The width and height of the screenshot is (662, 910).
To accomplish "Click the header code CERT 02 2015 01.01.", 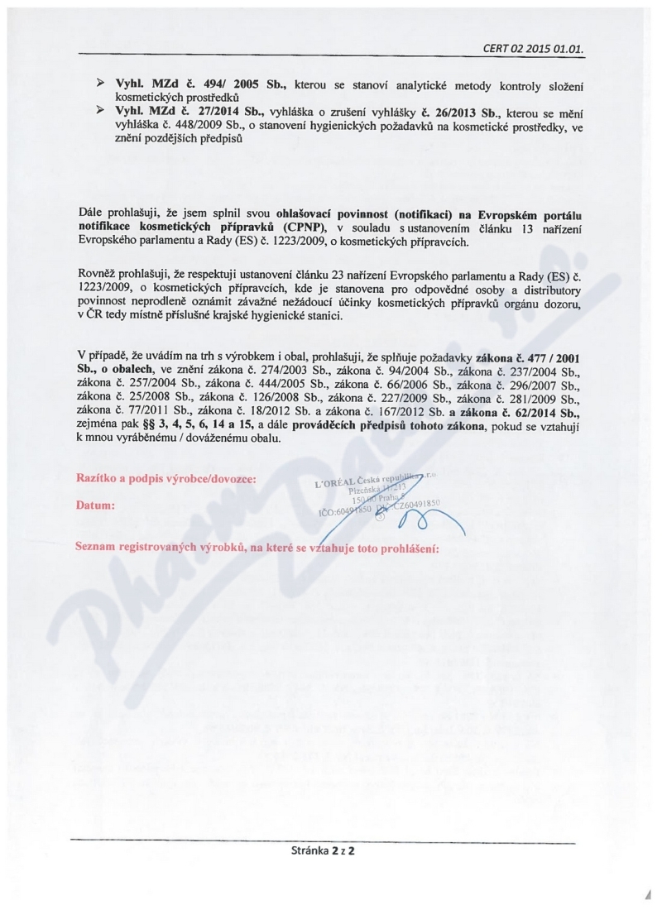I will point(533,48).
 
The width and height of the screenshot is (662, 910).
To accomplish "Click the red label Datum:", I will point(95,504).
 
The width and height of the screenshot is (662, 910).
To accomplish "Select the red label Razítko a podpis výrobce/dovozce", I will point(165,479).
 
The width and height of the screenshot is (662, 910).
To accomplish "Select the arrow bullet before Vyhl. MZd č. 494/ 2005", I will point(100,85).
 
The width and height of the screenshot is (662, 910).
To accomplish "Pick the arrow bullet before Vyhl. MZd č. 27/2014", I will point(100,110).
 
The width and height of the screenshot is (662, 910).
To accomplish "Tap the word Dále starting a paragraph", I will point(89,213).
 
